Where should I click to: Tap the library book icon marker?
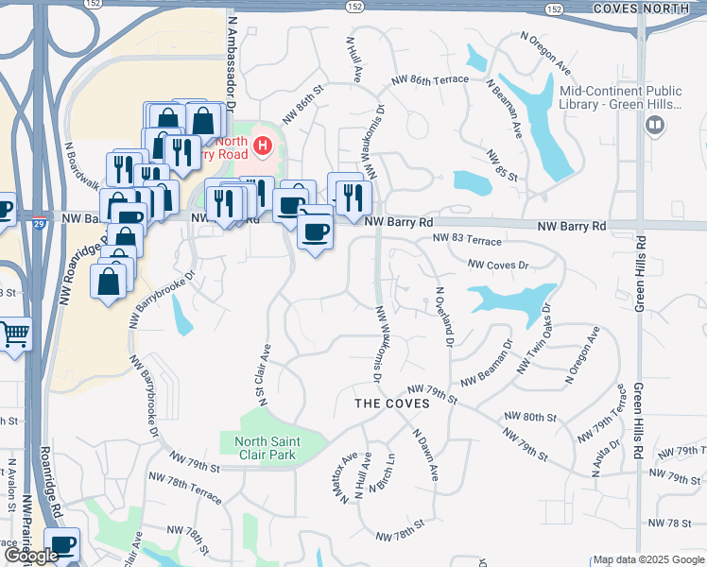tap(653, 125)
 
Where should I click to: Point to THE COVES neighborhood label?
tap(391, 404)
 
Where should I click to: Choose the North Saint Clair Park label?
tap(267, 448)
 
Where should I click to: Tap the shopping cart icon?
tap(14, 334)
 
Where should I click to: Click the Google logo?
tap(31, 556)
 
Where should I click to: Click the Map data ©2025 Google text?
tap(647, 559)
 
